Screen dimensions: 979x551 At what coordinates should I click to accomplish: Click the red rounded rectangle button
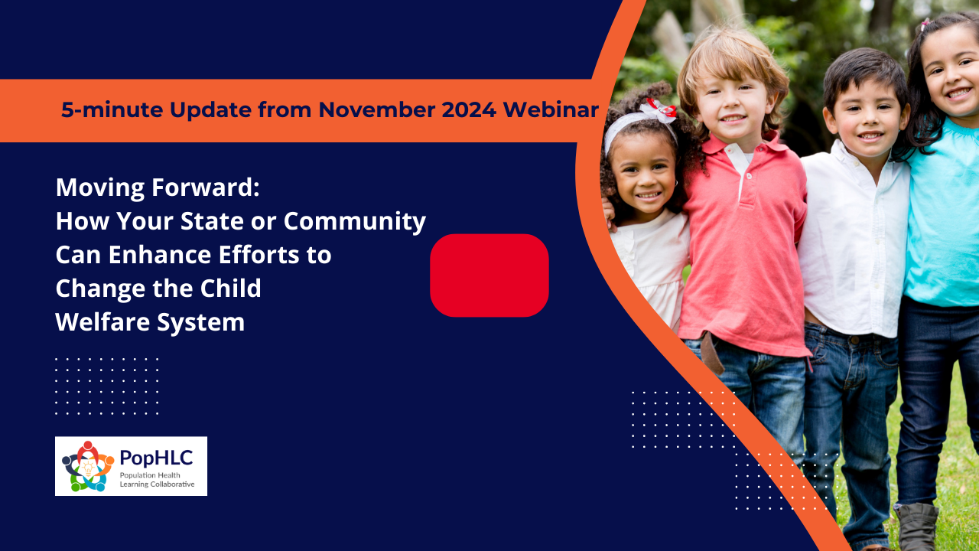tap(489, 275)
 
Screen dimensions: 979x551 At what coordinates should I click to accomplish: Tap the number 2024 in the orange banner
tap(469, 109)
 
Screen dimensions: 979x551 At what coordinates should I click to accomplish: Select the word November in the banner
tap(376, 109)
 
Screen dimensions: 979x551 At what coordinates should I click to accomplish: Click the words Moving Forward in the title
tap(158, 187)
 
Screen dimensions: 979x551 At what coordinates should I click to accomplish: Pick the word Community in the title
tap(354, 222)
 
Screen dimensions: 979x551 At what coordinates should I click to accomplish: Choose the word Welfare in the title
tap(103, 322)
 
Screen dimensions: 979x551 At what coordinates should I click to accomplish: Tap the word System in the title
tap(200, 323)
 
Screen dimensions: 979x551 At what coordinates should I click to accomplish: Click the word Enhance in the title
tap(160, 255)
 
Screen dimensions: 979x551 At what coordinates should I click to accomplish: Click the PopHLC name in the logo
tap(156, 458)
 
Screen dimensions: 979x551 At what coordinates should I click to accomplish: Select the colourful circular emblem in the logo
tap(88, 466)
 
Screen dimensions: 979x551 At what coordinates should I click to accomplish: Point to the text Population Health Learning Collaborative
tap(157, 480)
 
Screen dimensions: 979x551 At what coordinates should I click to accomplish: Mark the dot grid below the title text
tap(106, 386)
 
